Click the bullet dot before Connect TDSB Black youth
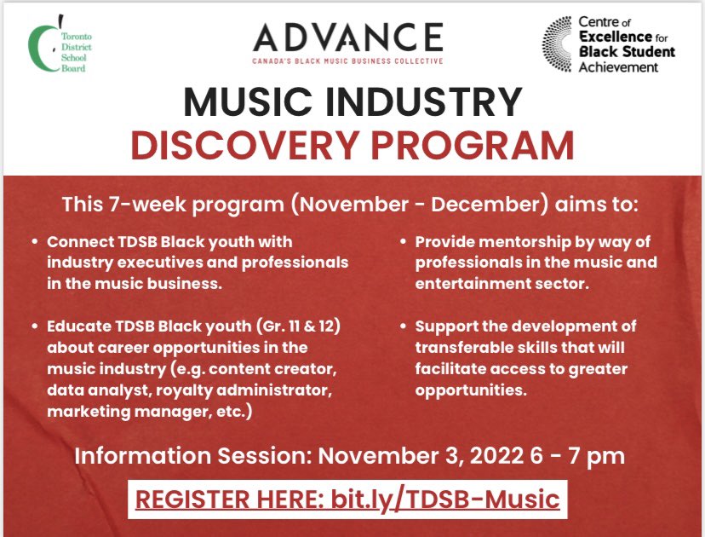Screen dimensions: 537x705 pos(35,242)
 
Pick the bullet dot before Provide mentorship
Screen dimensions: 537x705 pos(404,242)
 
